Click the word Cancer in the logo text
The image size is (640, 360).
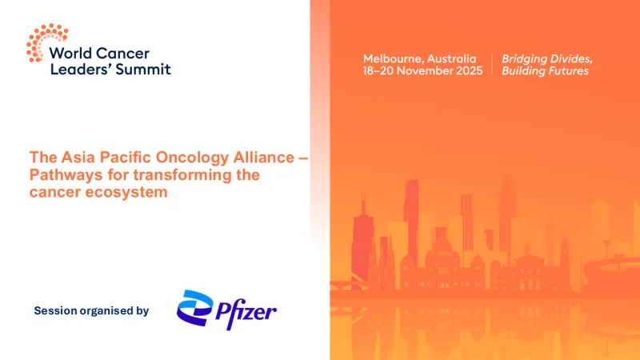[x=126, y=54]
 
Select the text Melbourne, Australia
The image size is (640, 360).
[x=419, y=59]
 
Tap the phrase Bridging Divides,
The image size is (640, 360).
[x=546, y=59]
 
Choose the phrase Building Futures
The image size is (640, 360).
[x=545, y=71]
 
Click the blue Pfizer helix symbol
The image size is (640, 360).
[x=194, y=310]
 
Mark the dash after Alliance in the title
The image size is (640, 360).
[x=302, y=158]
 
